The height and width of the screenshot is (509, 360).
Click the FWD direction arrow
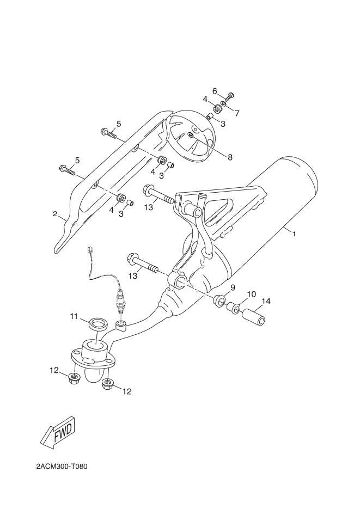(x=60, y=432)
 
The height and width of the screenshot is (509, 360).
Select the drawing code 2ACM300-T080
(x=62, y=467)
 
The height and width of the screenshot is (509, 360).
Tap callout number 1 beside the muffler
(x=295, y=234)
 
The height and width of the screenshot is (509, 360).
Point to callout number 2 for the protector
(x=55, y=213)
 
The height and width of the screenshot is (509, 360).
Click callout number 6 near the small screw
(x=215, y=91)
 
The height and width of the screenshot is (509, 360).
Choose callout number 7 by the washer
(x=237, y=113)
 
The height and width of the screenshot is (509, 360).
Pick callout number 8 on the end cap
(x=230, y=157)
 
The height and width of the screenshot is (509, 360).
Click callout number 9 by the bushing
(x=233, y=287)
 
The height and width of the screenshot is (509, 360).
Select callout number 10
(x=252, y=294)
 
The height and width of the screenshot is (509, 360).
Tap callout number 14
(x=266, y=301)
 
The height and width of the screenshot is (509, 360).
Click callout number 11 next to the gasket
(x=74, y=316)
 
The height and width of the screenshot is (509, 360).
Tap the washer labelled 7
(x=224, y=104)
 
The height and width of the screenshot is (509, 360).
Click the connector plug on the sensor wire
(x=90, y=250)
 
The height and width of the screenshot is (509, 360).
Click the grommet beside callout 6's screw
(x=217, y=109)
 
